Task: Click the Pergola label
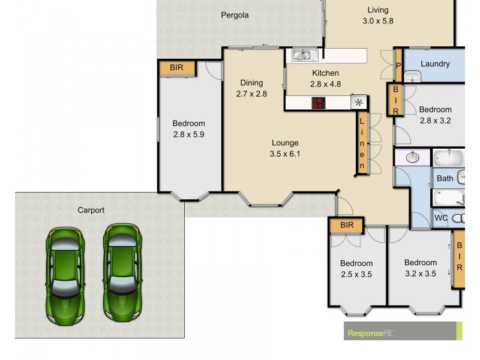234,16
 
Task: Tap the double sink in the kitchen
305,56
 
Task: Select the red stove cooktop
319,103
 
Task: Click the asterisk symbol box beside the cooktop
359,103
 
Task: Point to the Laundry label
435,64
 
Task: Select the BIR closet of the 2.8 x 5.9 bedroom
176,68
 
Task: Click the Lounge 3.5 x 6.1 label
285,148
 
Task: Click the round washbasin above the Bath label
413,158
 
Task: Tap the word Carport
91,210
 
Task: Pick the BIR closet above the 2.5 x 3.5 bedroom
347,226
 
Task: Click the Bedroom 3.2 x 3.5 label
420,268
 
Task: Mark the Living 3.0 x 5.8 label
377,16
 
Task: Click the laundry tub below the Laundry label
413,77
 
